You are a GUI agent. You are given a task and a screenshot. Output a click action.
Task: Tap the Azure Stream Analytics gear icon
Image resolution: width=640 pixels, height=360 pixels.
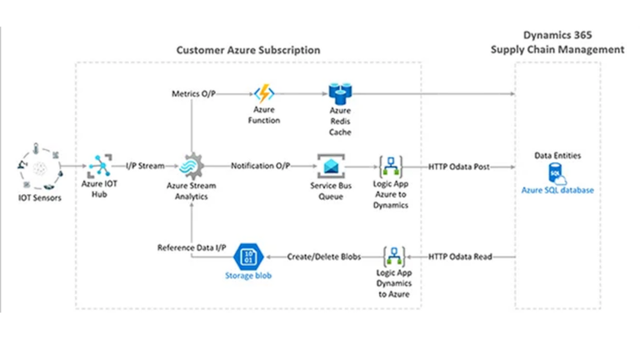click(192, 167)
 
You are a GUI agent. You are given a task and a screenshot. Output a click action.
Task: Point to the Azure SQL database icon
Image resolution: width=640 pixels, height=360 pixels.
click(557, 173)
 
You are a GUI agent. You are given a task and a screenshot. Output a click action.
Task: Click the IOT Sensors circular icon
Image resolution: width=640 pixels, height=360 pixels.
click(38, 168)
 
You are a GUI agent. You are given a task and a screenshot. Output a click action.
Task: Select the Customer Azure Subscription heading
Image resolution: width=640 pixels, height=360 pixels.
click(247, 50)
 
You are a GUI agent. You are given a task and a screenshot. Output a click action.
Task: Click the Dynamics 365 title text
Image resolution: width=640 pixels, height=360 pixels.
click(557, 36)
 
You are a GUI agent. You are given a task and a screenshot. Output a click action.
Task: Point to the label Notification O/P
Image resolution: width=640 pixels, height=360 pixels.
click(260, 165)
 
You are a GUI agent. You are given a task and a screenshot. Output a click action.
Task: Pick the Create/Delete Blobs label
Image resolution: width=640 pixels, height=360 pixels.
click(325, 257)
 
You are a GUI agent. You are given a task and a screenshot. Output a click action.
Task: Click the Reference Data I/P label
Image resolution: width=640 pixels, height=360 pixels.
click(192, 247)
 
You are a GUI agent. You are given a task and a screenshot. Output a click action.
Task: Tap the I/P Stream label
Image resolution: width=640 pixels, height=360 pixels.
click(146, 165)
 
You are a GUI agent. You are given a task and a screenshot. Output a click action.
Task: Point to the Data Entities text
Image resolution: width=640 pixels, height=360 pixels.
click(557, 155)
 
